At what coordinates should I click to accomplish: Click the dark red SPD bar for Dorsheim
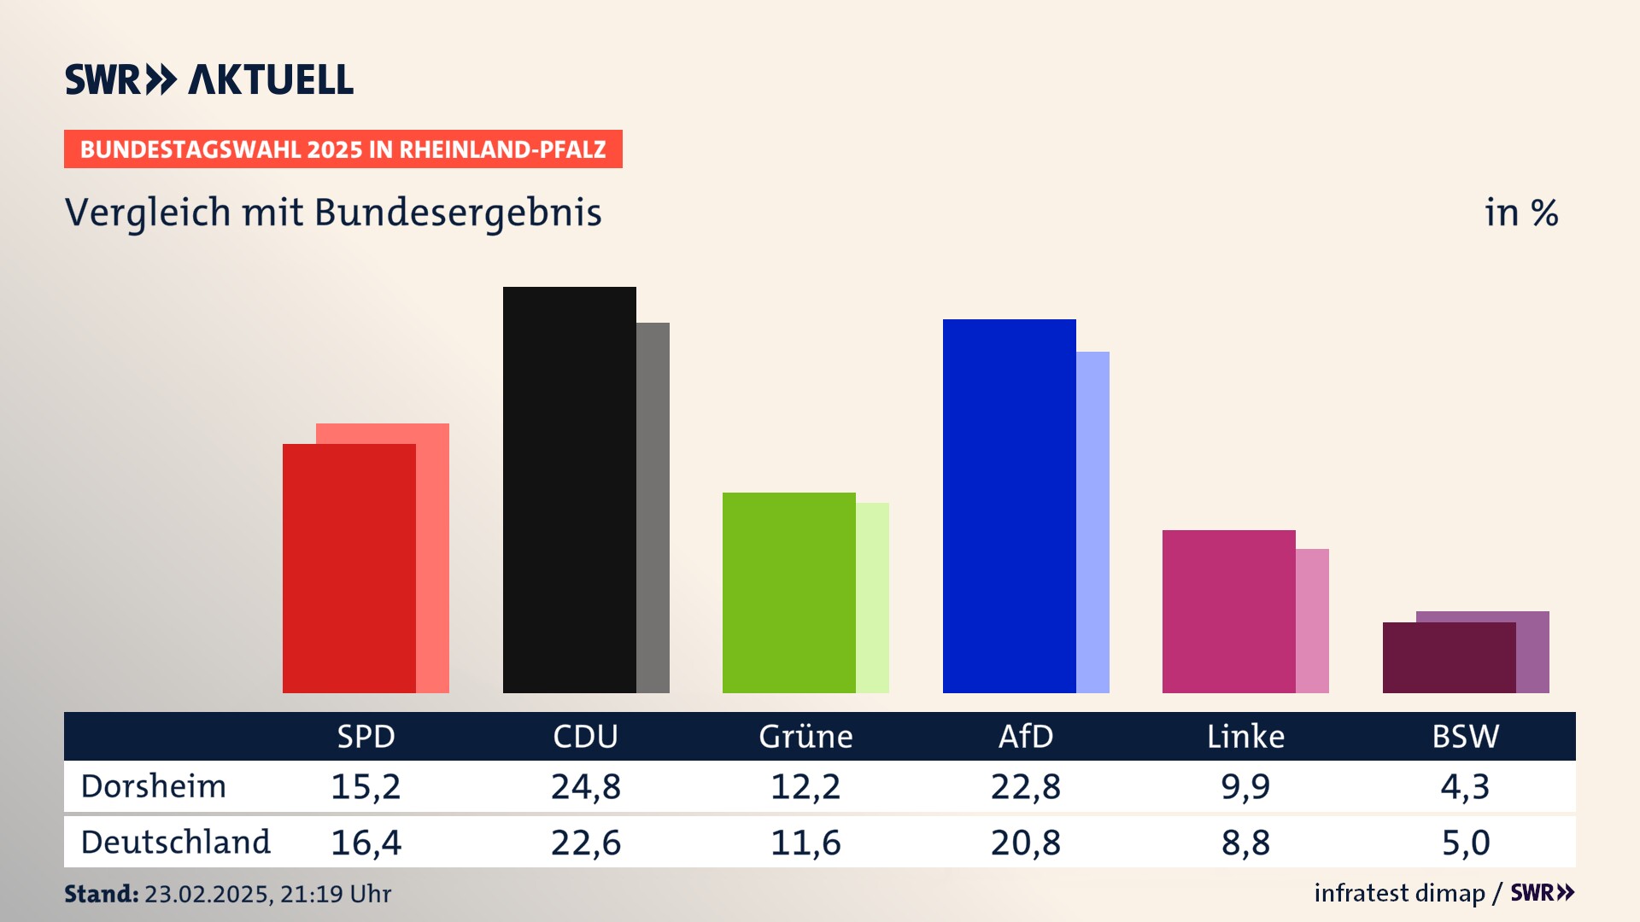pos(348,568)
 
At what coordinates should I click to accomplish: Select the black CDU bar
pos(569,489)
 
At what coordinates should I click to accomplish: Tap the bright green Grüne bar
pos(788,592)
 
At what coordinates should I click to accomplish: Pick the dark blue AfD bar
pos(1009,505)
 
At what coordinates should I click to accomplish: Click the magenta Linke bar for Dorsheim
pos(1228,611)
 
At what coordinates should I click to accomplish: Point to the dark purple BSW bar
pos(1449,657)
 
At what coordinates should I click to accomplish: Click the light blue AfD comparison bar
pos(1092,522)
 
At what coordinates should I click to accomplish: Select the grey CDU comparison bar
pos(653,507)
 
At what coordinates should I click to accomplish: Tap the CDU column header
pos(585,736)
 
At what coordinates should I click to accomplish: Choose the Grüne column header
pos(805,736)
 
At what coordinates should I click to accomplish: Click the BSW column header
pos(1465,736)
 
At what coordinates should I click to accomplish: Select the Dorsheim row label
pos(154,786)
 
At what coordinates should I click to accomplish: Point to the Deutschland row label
pos(175,842)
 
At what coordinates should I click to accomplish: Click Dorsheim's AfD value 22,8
pos(1025,786)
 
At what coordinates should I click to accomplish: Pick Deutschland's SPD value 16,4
pos(366,843)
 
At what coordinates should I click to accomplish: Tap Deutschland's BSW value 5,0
pos(1466,843)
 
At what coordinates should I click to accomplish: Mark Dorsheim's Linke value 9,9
pos(1245,786)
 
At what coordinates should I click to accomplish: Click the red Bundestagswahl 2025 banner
pos(343,149)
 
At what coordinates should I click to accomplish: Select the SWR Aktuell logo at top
pos(209,79)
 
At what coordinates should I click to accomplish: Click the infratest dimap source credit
pos(1399,893)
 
